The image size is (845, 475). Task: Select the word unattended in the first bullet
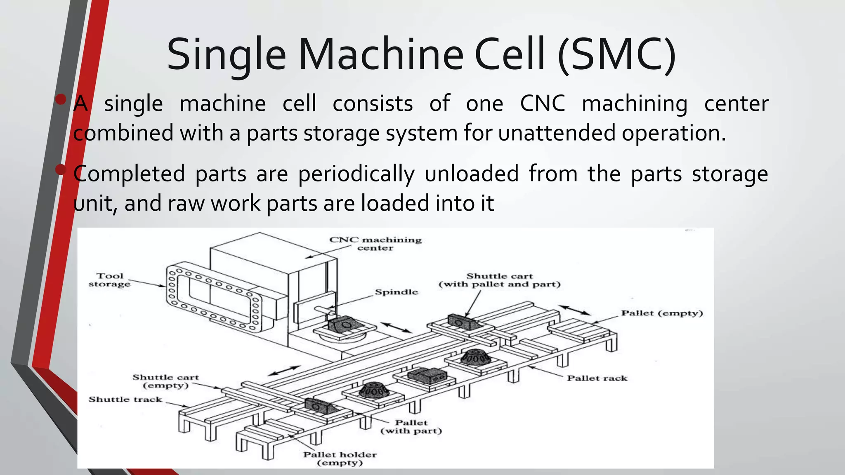pyautogui.click(x=557, y=133)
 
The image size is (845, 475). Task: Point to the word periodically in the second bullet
pyautogui.click(x=356, y=174)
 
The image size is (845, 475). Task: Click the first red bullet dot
pyautogui.click(x=61, y=99)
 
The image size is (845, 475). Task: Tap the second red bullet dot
pyautogui.click(x=61, y=169)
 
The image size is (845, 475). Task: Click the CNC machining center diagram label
pyautogui.click(x=375, y=244)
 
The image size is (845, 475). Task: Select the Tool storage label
pyautogui.click(x=110, y=280)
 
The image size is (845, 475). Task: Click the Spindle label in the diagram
pyautogui.click(x=396, y=292)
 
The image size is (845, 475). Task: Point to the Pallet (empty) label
pyautogui.click(x=662, y=313)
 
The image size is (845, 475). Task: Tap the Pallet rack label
pyautogui.click(x=597, y=378)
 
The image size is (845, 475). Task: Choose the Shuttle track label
pyautogui.click(x=125, y=399)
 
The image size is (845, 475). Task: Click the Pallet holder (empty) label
pyautogui.click(x=340, y=459)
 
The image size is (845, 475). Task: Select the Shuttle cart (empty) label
pyautogui.click(x=165, y=381)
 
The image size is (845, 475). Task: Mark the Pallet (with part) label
pyautogui.click(x=411, y=427)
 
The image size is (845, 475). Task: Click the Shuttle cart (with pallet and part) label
pyautogui.click(x=499, y=280)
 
